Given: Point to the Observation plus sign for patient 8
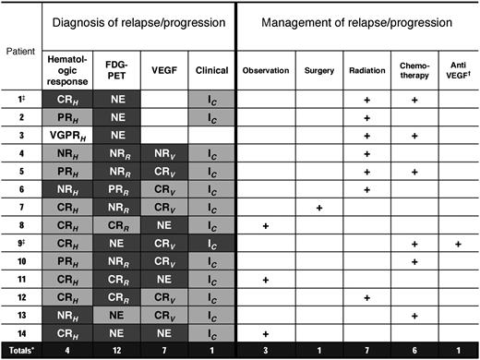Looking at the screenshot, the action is (265, 226).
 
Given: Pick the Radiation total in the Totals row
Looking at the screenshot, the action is (366, 350).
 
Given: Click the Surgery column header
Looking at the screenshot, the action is (318, 70).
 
